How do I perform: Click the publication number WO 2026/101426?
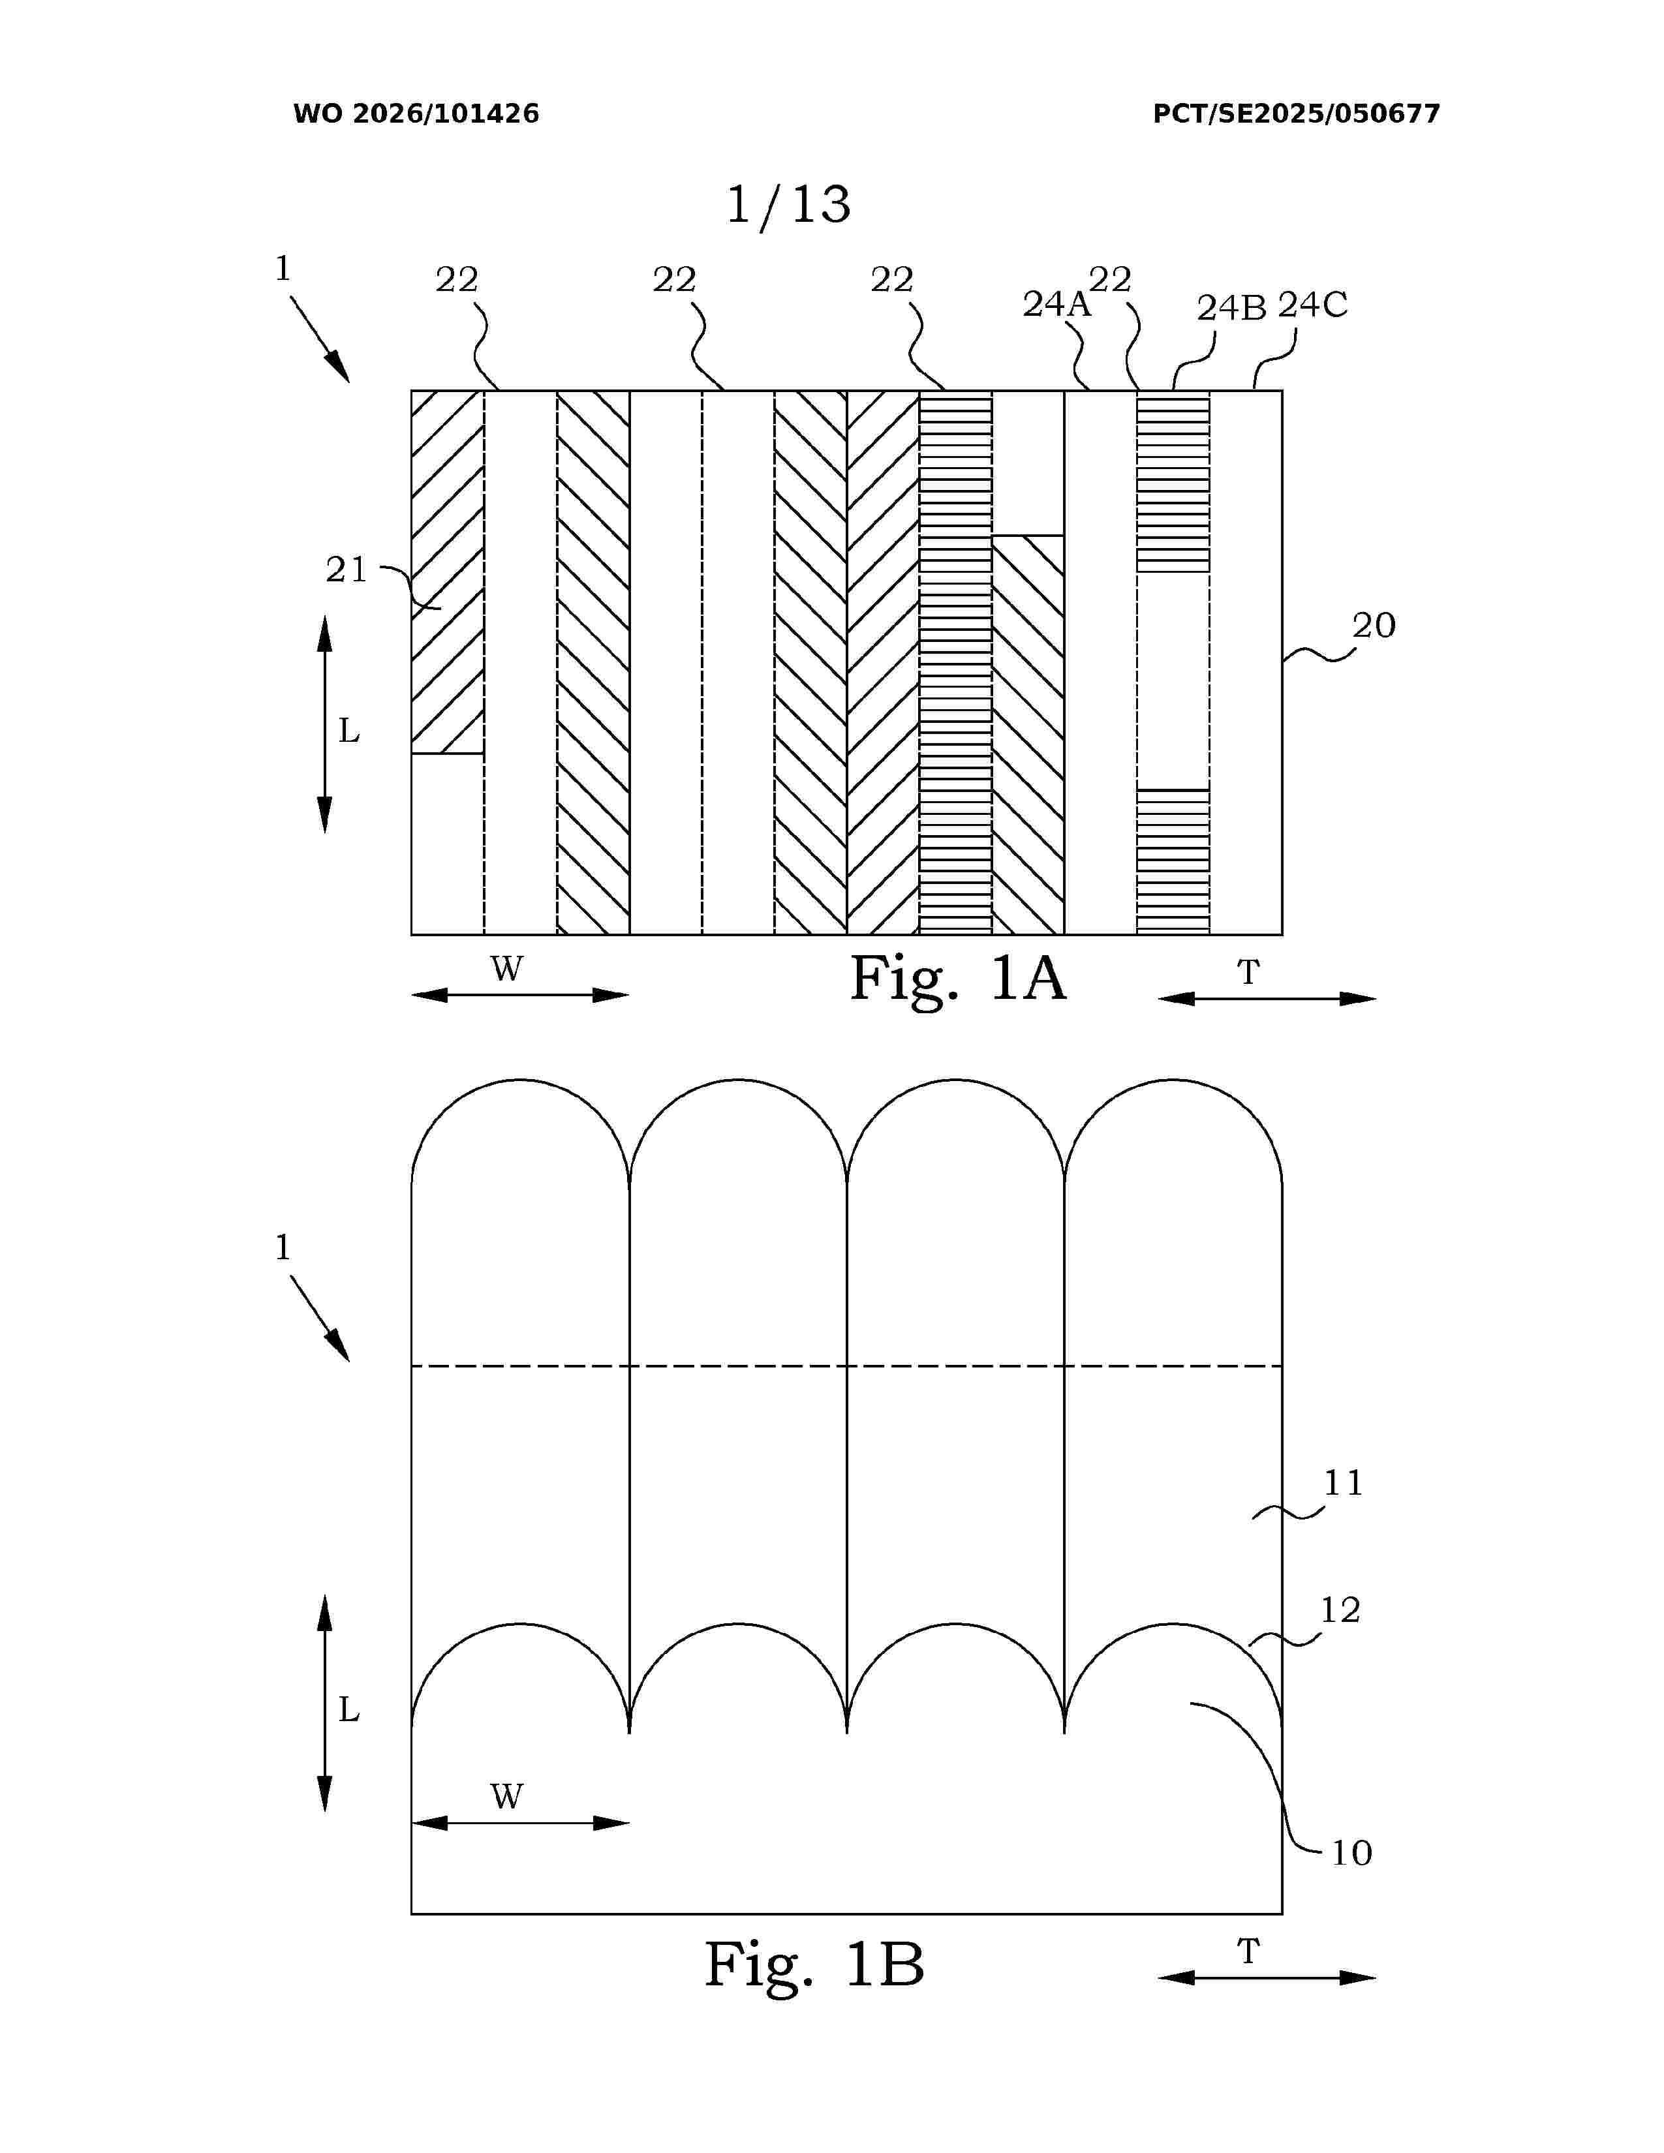[416, 114]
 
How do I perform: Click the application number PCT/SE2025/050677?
[1297, 114]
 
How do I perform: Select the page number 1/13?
[788, 205]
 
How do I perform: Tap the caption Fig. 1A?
[958, 979]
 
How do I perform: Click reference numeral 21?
[346, 570]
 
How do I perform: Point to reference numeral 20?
[1373, 625]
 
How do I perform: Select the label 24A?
[1056, 305]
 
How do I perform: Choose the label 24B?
[1231, 309]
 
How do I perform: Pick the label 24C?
[1313, 305]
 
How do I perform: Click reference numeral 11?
[1343, 1484]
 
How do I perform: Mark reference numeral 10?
[1351, 1854]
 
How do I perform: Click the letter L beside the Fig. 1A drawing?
[349, 731]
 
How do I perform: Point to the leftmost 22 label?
[456, 280]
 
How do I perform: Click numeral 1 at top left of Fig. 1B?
[283, 1248]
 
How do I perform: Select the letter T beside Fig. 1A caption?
[1248, 973]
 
